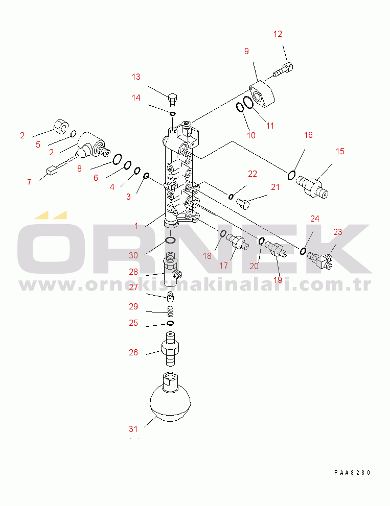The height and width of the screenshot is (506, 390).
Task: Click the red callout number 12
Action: (278, 34)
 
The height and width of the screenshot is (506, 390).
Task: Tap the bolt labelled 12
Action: (283, 70)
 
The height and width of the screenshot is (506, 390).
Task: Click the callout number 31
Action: (133, 429)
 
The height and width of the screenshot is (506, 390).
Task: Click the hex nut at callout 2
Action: (61, 126)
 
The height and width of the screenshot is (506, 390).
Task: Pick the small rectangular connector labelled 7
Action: (52, 170)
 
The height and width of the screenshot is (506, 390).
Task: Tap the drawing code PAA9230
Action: (352, 473)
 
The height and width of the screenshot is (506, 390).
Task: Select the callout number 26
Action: (133, 352)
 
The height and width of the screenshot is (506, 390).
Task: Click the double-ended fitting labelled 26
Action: (170, 349)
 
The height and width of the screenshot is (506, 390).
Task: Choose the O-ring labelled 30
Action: (170, 240)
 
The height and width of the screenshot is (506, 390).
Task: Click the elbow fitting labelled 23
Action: (320, 259)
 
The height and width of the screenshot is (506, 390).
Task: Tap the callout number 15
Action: (340, 151)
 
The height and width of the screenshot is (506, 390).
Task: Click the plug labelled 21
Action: (243, 204)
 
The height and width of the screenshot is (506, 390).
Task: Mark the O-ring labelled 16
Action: (291, 175)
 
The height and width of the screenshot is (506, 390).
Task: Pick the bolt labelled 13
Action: (173, 100)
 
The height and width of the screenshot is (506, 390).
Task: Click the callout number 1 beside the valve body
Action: (136, 225)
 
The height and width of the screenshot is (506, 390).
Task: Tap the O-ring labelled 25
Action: (170, 323)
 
